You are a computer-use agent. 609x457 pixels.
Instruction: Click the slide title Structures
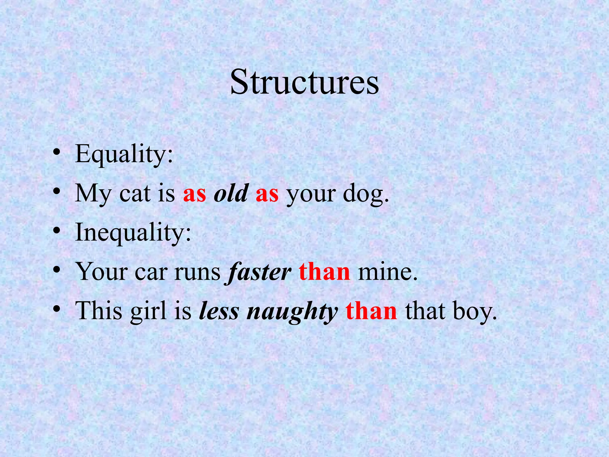[x=304, y=82]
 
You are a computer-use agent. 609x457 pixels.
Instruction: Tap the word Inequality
[x=133, y=233]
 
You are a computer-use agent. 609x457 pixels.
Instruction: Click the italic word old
[x=231, y=193]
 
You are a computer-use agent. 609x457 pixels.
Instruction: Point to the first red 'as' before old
[x=194, y=194]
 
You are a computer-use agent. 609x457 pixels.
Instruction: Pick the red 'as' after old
[x=267, y=194]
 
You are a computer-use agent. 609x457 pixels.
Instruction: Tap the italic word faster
[x=259, y=272]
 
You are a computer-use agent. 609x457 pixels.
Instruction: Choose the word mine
[x=387, y=272]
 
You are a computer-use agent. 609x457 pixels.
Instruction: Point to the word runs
[x=197, y=273]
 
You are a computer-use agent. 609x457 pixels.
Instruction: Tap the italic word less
[x=219, y=311]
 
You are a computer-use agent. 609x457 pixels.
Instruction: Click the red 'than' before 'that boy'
[x=371, y=311]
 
